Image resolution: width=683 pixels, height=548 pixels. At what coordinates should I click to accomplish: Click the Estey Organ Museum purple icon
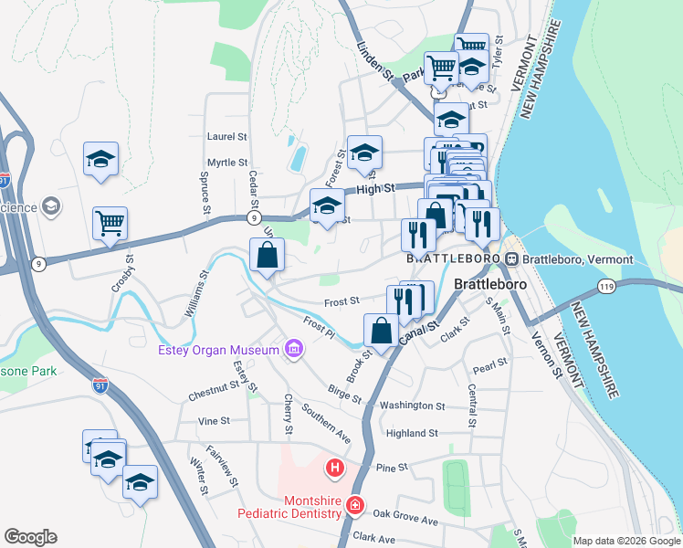point(293,349)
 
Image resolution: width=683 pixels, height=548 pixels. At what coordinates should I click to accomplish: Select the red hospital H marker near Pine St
point(335,469)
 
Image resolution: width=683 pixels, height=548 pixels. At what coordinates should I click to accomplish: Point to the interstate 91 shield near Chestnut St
point(100,386)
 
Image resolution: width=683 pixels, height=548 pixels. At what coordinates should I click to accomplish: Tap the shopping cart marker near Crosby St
point(110,223)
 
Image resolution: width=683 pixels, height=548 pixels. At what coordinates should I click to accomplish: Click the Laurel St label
point(227,137)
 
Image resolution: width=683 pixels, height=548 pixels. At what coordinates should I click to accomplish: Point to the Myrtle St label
point(227,163)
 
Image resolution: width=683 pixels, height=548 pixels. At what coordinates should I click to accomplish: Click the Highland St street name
point(412,433)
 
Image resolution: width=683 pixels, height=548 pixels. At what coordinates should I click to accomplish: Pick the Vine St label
point(214,421)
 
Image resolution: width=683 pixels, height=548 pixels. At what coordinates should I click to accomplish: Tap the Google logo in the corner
point(30,537)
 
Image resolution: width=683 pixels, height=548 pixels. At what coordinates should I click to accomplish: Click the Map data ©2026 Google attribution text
point(626,541)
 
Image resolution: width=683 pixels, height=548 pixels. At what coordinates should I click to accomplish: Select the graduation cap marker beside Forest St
point(363,153)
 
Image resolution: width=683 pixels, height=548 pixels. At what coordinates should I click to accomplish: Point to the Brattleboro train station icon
point(512,259)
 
